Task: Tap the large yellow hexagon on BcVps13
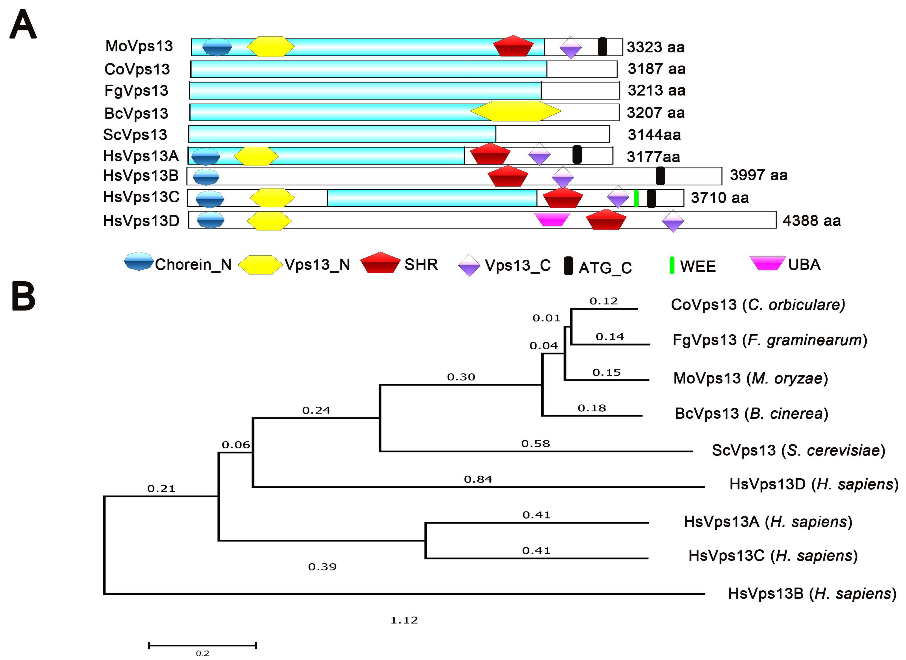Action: click(x=516, y=111)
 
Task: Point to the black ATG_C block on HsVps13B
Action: click(x=660, y=176)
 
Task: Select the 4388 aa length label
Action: click(x=811, y=221)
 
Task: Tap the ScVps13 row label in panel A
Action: click(x=135, y=135)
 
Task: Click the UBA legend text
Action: click(x=804, y=264)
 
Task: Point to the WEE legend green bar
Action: click(x=672, y=266)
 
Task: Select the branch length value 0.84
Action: click(x=478, y=479)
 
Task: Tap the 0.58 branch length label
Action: click(x=536, y=443)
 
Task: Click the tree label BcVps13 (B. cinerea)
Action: click(x=751, y=414)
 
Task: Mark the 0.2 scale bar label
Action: click(x=202, y=653)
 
